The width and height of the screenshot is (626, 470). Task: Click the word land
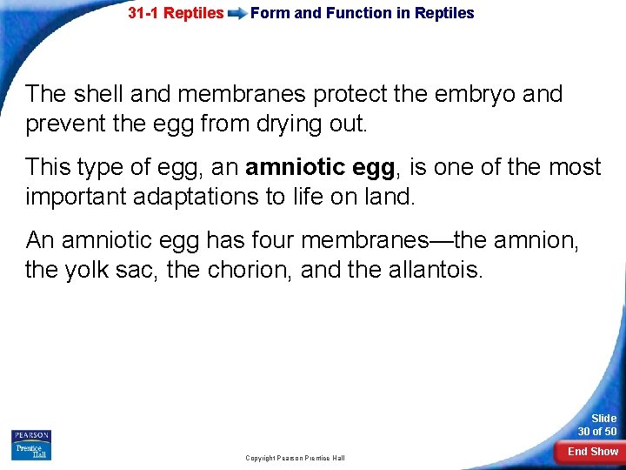391,197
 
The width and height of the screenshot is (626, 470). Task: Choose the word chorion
248,270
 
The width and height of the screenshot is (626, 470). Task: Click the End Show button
592,451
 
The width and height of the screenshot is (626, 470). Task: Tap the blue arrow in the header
236,14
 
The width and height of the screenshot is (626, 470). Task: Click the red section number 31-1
144,13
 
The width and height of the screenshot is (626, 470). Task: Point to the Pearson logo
31,436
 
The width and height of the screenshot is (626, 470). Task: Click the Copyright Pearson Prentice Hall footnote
295,458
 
